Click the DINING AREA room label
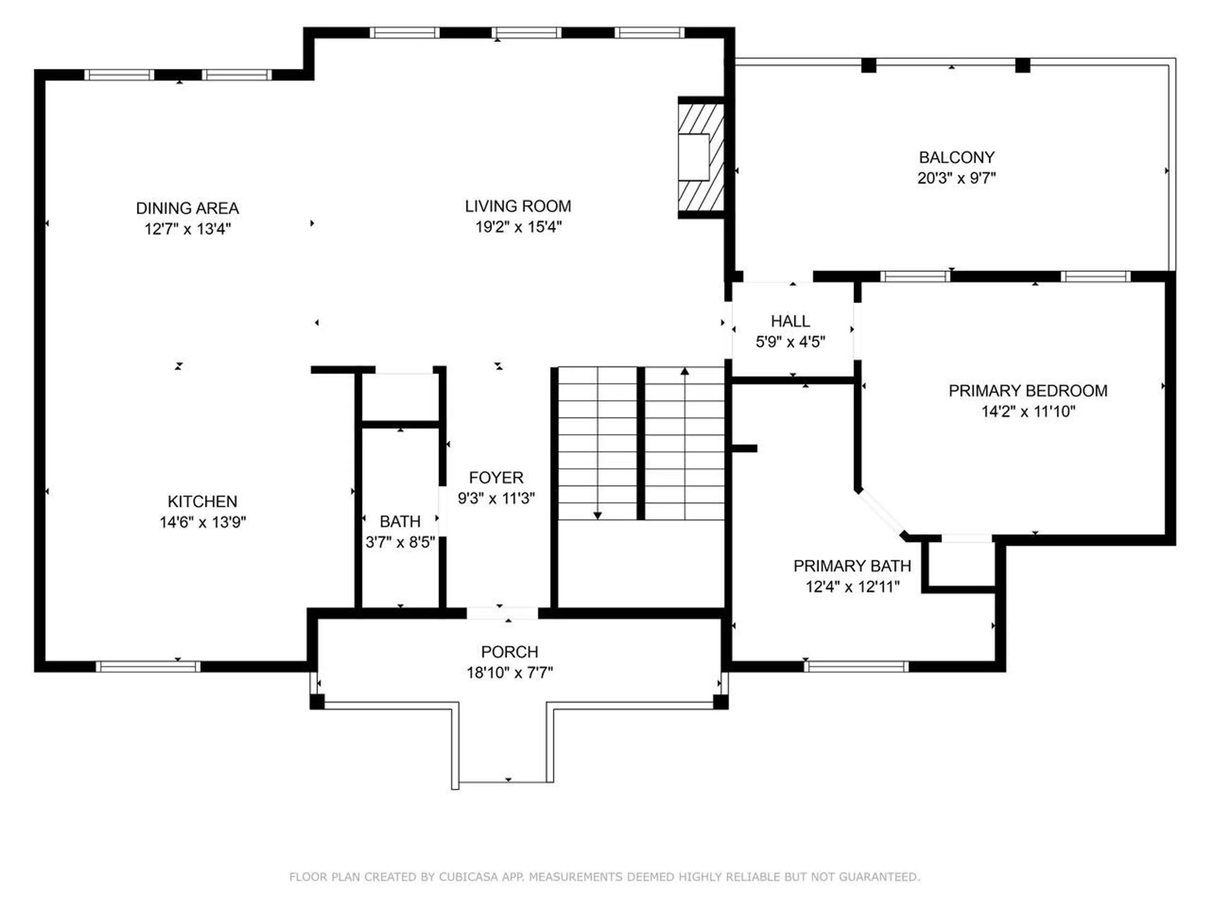[x=187, y=208]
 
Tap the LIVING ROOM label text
[x=518, y=206]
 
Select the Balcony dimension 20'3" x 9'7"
[x=957, y=178]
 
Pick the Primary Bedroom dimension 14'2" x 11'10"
[x=1028, y=411]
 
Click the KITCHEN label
[x=202, y=501]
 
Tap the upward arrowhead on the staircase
[x=684, y=371]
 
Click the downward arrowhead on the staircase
[x=597, y=515]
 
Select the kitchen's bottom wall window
[x=148, y=666]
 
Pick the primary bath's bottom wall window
[x=856, y=666]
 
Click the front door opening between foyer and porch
[x=502, y=613]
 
